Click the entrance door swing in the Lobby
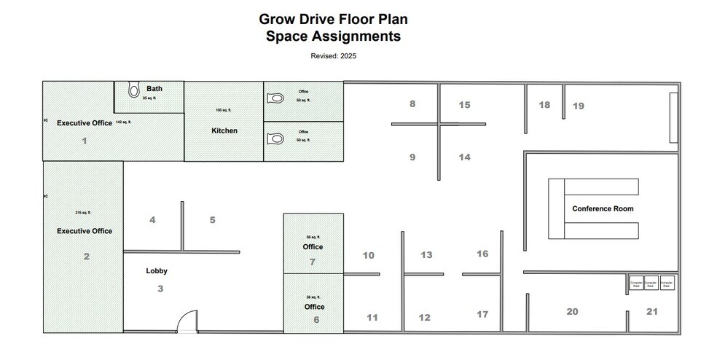pyautogui.click(x=187, y=321)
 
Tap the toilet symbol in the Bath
pyautogui.click(x=133, y=90)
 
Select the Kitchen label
pyautogui.click(x=224, y=130)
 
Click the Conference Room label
pyautogui.click(x=603, y=208)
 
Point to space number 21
pyautogui.click(x=651, y=311)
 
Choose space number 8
pyautogui.click(x=412, y=104)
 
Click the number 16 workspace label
pyautogui.click(x=482, y=254)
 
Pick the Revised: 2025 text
pyautogui.click(x=333, y=55)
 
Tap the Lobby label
pyautogui.click(x=157, y=270)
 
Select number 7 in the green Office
pyautogui.click(x=313, y=262)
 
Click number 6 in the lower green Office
pyautogui.click(x=316, y=319)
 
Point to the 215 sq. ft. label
pyautogui.click(x=84, y=213)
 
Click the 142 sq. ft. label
pyautogui.click(x=123, y=122)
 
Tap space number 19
pyautogui.click(x=578, y=106)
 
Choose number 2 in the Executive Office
pyautogui.click(x=86, y=256)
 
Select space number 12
pyautogui.click(x=425, y=317)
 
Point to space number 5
pyautogui.click(x=212, y=219)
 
